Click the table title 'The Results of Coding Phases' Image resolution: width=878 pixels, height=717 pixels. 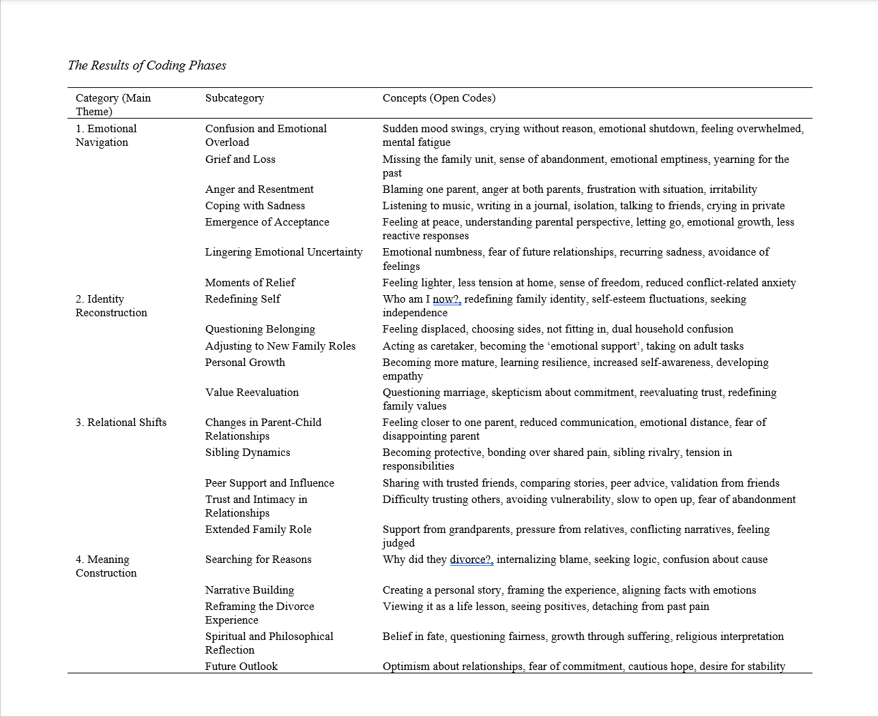click(x=147, y=65)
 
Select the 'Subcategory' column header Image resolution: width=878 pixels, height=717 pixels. click(x=234, y=98)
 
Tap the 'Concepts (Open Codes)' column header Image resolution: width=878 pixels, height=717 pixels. click(x=439, y=98)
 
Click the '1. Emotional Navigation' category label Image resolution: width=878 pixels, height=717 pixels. click(x=106, y=135)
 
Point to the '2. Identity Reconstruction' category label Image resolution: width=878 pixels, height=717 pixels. click(x=111, y=305)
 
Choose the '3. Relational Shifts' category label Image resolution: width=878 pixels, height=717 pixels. click(x=121, y=423)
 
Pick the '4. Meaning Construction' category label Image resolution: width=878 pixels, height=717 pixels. click(x=106, y=566)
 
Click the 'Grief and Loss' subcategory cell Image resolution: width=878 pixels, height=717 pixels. click(x=240, y=159)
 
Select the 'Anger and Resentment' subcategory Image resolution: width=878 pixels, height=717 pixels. click(x=259, y=189)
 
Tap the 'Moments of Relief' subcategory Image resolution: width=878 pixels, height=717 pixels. click(x=250, y=283)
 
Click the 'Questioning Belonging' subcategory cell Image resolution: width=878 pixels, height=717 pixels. click(x=260, y=329)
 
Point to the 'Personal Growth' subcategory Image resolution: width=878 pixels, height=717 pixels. click(x=245, y=363)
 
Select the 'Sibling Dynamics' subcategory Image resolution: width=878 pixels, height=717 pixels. click(x=248, y=453)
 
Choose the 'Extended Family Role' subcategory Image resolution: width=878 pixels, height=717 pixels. click(x=258, y=530)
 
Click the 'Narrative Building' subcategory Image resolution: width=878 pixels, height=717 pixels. click(x=249, y=590)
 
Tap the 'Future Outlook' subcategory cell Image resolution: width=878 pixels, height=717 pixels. click(x=241, y=667)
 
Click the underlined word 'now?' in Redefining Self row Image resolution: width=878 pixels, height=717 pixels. click(x=447, y=299)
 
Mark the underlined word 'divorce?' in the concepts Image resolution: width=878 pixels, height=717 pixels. click(x=471, y=560)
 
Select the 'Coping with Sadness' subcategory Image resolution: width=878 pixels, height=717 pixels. click(x=254, y=206)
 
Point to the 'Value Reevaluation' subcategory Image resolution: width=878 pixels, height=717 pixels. click(x=252, y=393)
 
